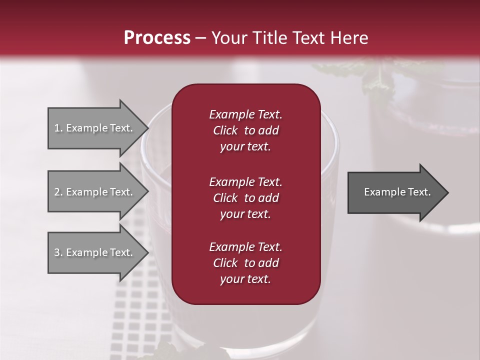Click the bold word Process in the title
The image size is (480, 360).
(x=157, y=38)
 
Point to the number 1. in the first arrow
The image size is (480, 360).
(x=58, y=128)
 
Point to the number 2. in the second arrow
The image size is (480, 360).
(x=58, y=192)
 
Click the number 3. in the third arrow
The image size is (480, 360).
(x=58, y=252)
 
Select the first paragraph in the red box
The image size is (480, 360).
(x=245, y=130)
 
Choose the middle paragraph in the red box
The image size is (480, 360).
(x=245, y=197)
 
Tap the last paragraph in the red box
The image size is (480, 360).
(x=245, y=263)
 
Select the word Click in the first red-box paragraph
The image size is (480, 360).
(x=225, y=130)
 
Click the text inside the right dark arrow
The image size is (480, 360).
(x=397, y=192)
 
